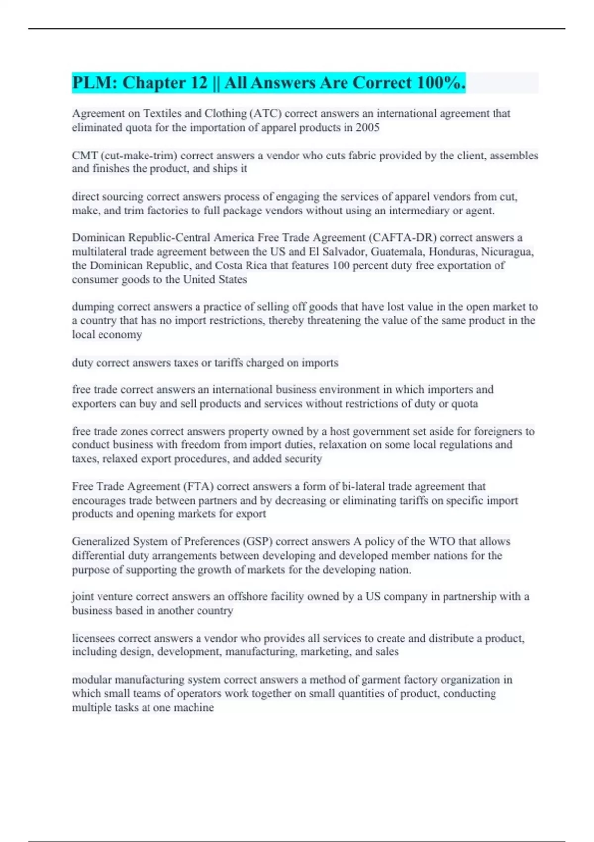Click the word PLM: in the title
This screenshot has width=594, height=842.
(x=95, y=83)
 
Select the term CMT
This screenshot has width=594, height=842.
(x=85, y=156)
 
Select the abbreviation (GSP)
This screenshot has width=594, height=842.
(x=257, y=541)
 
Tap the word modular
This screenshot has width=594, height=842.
(x=92, y=680)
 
